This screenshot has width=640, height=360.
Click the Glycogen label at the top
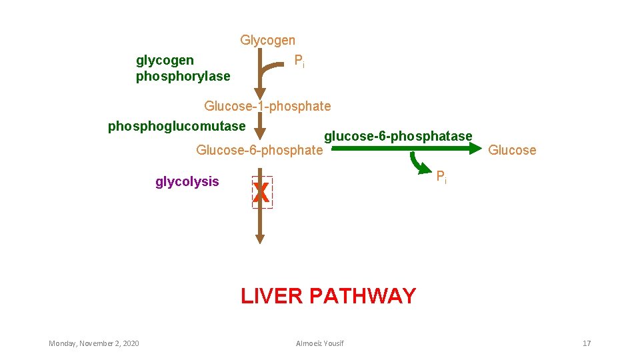coord(267,41)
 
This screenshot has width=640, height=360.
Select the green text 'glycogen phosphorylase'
coord(183,69)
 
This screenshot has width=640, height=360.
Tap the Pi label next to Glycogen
coord(299,61)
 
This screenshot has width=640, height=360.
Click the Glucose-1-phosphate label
coord(267,106)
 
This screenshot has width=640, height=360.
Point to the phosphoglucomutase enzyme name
coord(177,125)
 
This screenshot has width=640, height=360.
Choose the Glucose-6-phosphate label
coord(259,150)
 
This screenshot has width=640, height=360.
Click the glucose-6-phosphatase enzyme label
coord(398,137)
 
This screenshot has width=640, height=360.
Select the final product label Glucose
coord(511,150)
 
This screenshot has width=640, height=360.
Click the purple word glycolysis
coord(187,181)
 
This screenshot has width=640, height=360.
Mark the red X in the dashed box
coord(262,193)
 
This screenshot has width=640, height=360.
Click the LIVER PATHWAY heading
coord(328,295)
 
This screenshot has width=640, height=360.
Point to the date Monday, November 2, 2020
coord(94,343)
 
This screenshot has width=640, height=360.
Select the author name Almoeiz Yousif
coord(320,343)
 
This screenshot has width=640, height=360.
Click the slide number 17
coord(587,343)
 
